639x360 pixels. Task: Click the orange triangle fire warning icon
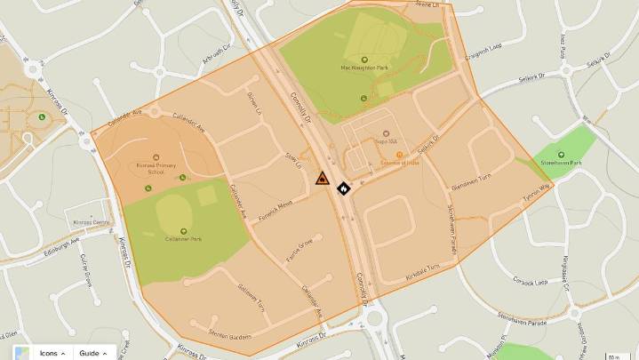click(321, 179)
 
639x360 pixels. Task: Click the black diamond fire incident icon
click(343, 188)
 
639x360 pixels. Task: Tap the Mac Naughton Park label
click(363, 68)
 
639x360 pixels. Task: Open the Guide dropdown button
click(92, 353)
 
